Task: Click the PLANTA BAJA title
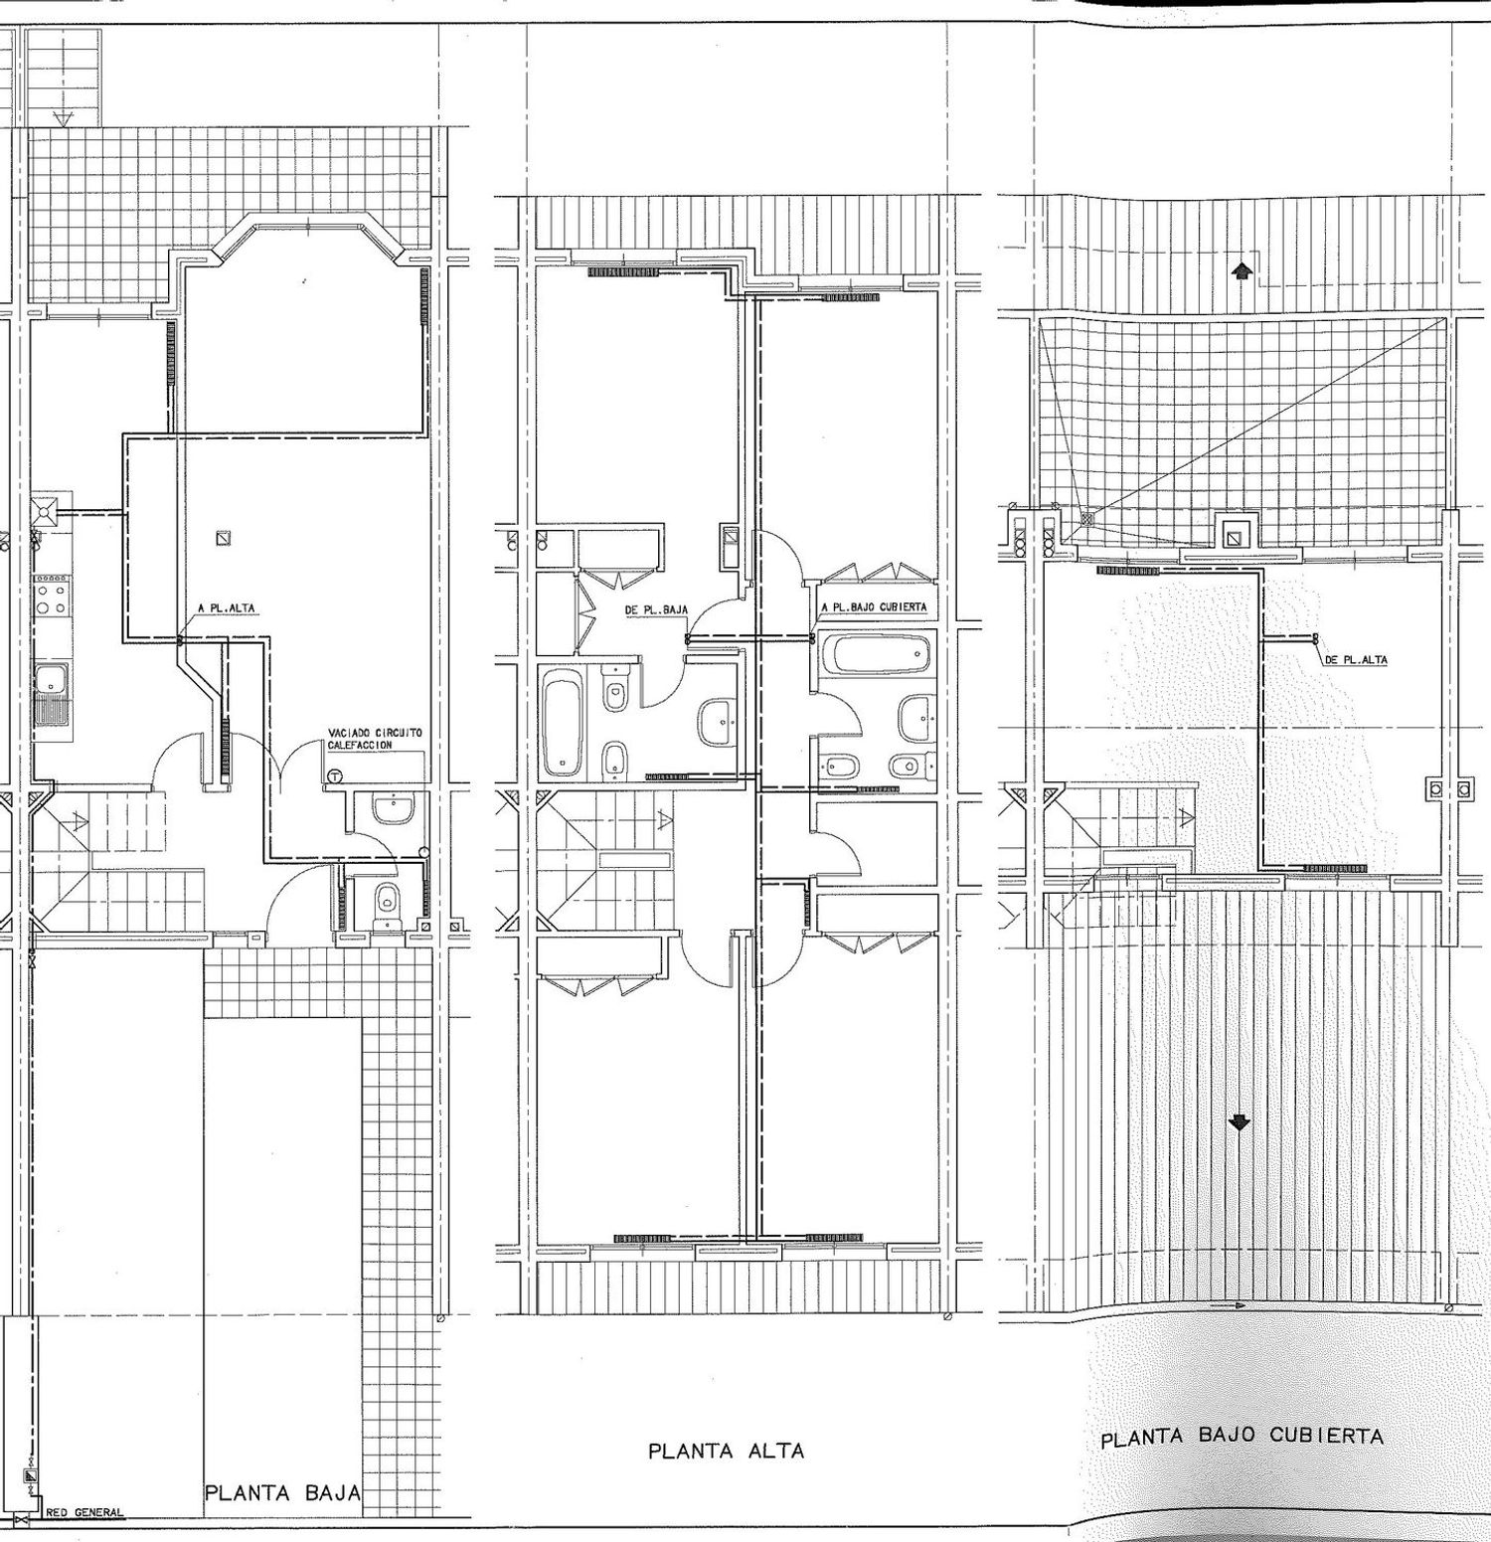tap(282, 1493)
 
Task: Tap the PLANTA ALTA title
tap(726, 1452)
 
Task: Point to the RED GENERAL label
tap(85, 1513)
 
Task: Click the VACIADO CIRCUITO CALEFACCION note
tap(375, 739)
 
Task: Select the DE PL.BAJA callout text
tap(656, 610)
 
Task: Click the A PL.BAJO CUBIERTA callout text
tap(874, 606)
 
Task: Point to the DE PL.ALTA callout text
tap(1356, 659)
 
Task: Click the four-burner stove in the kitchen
tap(53, 600)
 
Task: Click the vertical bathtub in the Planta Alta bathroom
tap(564, 722)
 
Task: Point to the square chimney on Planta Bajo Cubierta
tap(1235, 535)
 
